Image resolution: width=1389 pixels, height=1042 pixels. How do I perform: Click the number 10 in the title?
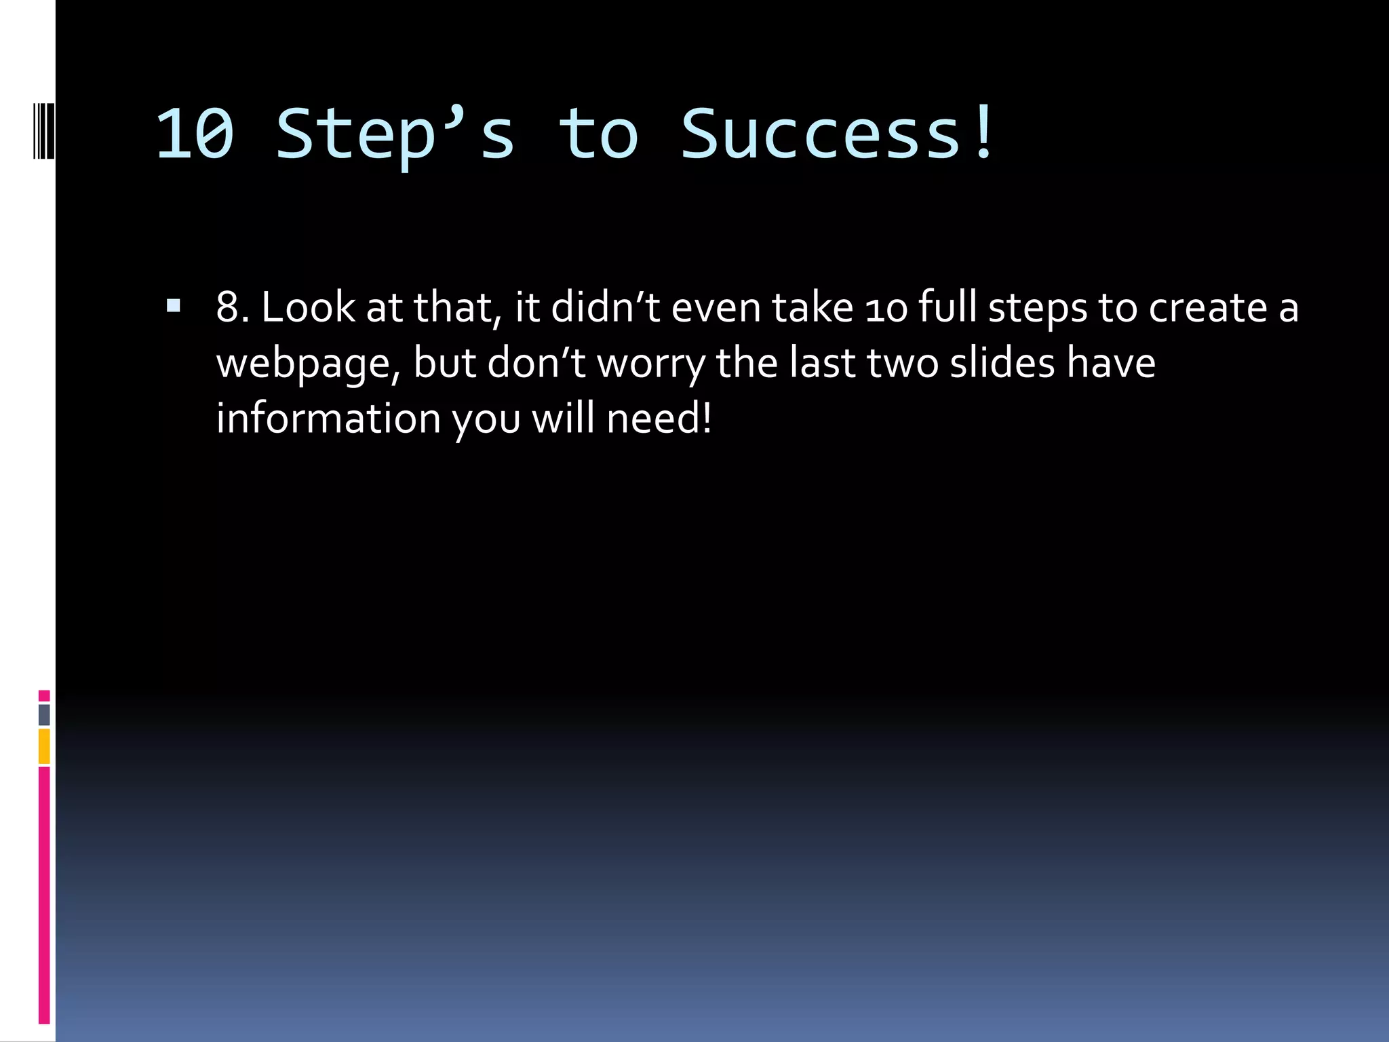click(x=195, y=134)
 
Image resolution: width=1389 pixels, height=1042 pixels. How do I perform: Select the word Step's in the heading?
click(x=395, y=134)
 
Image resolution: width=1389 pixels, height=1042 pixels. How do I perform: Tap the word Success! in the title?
click(x=838, y=134)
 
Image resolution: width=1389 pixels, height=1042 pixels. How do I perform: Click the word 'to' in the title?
click(x=598, y=134)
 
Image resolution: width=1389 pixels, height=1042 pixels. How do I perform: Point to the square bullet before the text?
click(x=174, y=306)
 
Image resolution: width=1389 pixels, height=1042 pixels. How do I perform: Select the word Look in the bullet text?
click(x=308, y=307)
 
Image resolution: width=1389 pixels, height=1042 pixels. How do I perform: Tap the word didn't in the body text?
click(x=605, y=307)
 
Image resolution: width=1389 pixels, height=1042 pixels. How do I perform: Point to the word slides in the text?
click(x=1002, y=363)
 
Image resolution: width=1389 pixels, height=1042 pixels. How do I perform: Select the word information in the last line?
click(x=328, y=419)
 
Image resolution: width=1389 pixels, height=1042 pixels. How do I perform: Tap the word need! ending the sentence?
click(x=659, y=419)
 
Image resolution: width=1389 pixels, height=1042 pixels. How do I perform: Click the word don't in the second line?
click(x=536, y=363)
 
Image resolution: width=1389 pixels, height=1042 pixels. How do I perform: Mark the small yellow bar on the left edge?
click(x=44, y=746)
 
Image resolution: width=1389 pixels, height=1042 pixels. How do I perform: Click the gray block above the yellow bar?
click(x=44, y=714)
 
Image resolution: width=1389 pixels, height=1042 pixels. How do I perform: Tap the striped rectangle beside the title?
click(x=44, y=131)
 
